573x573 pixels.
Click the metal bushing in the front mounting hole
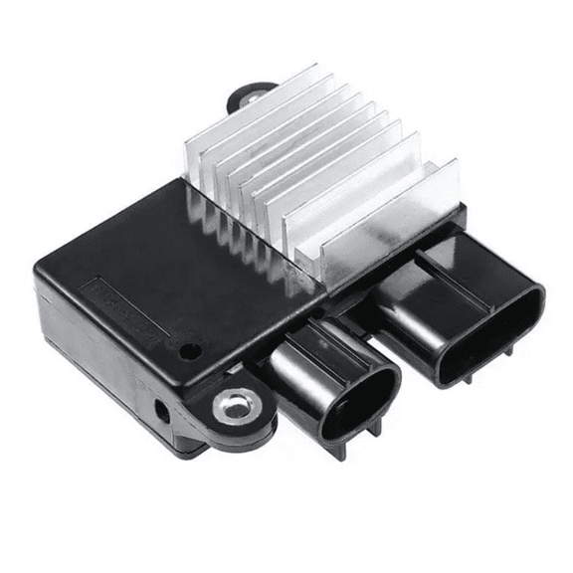(232, 405)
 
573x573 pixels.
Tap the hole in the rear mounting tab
(249, 96)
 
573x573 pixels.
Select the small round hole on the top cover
(187, 350)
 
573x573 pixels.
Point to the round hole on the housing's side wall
(161, 408)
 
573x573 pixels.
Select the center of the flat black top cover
(169, 259)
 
